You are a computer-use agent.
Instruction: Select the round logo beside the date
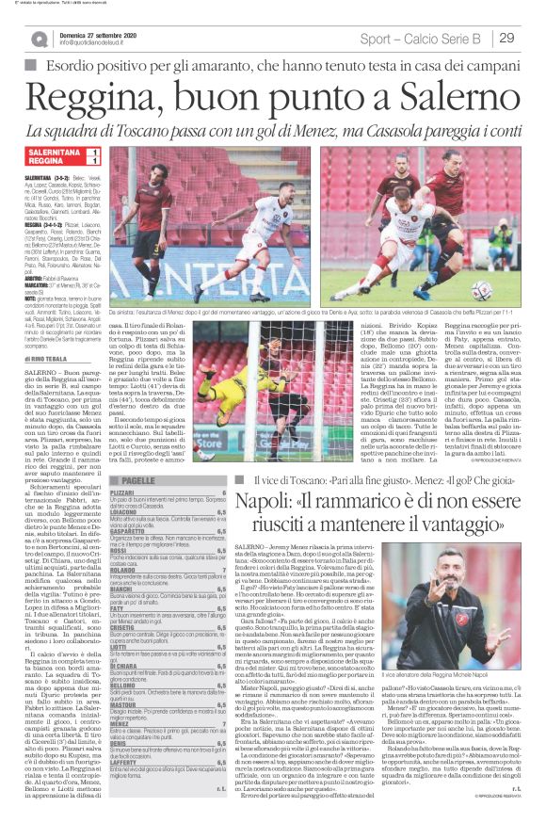point(40,39)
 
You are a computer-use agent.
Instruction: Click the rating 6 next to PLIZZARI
point(223,493)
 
